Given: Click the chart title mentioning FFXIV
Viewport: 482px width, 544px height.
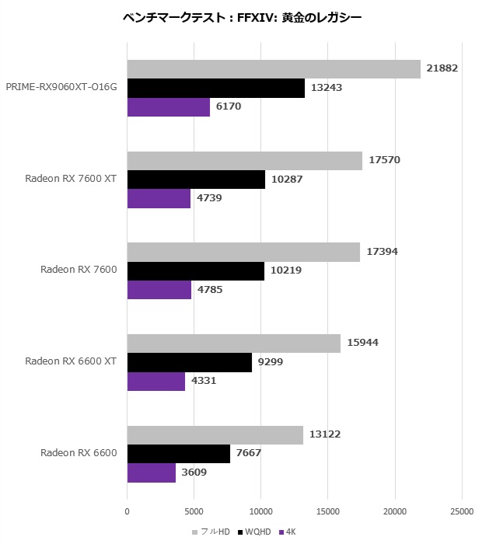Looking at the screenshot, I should point(242,16).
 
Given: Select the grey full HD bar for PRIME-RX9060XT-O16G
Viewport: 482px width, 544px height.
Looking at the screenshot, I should point(273,69).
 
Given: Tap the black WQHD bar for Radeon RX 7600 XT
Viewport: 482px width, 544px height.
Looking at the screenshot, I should point(195,180).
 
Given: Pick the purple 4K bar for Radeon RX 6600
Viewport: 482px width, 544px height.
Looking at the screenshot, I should point(151,473).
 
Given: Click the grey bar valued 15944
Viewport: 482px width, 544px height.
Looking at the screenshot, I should point(233,343).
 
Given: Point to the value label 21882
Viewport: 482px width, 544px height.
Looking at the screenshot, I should point(442,68).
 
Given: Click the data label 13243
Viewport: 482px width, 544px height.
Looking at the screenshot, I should point(327,88).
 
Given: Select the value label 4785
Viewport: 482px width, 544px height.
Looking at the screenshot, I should point(213,290).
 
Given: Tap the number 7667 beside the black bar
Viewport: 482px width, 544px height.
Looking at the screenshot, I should point(252,454).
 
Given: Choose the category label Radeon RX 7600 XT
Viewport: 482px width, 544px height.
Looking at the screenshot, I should point(71,179).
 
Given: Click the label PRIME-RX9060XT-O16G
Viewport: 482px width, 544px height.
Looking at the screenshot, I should point(61,87).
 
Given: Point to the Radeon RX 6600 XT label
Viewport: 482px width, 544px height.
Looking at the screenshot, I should point(71,361).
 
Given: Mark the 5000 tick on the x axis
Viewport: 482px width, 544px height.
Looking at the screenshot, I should point(194,511).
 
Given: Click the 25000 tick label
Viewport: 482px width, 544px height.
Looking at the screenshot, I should point(462,511).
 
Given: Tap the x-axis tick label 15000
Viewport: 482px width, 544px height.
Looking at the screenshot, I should point(328,511).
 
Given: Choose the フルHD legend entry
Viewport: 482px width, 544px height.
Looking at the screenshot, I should point(214,532).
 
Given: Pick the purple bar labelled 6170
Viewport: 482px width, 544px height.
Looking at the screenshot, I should point(168,107).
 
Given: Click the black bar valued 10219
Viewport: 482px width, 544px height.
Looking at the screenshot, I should point(195,271).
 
